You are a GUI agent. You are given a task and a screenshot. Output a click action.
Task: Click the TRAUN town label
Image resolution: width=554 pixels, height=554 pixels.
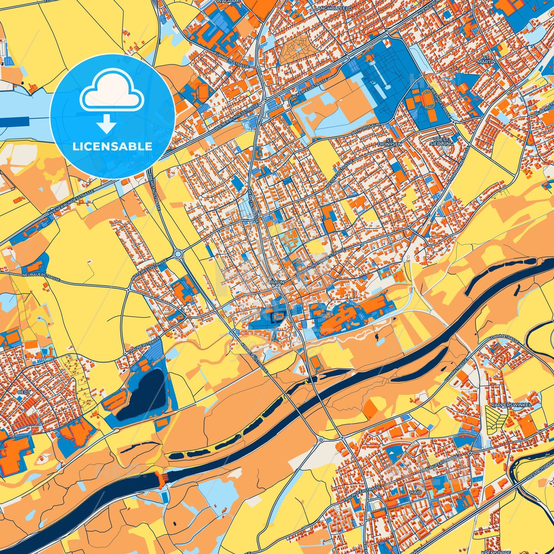coord(276,282)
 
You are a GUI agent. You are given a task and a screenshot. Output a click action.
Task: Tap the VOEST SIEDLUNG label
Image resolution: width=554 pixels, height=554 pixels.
coord(442,141)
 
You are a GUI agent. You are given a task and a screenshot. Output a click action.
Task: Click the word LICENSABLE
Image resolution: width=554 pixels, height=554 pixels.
coord(112,146)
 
